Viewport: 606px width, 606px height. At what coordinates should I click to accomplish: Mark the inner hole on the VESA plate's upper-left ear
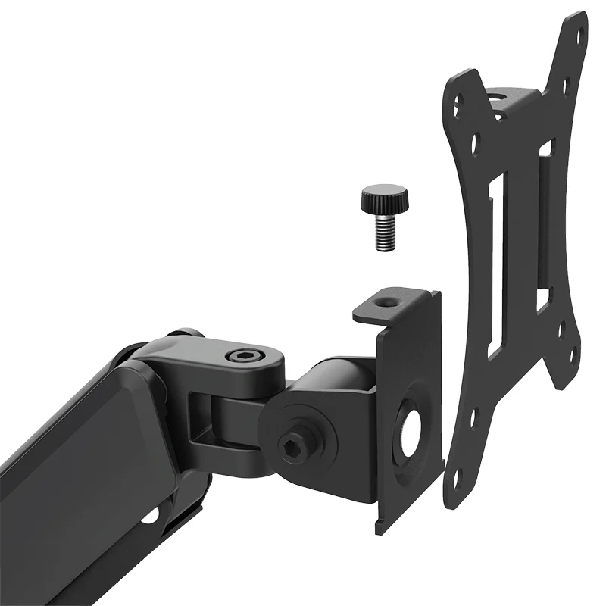[x=474, y=139]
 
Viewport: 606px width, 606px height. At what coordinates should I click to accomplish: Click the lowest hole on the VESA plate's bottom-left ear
[x=459, y=478]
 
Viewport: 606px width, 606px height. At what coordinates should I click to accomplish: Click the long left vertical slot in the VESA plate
[x=493, y=265]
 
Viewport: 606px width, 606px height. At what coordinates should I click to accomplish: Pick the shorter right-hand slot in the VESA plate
[x=544, y=227]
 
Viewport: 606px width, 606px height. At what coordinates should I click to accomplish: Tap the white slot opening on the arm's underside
[x=151, y=516]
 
